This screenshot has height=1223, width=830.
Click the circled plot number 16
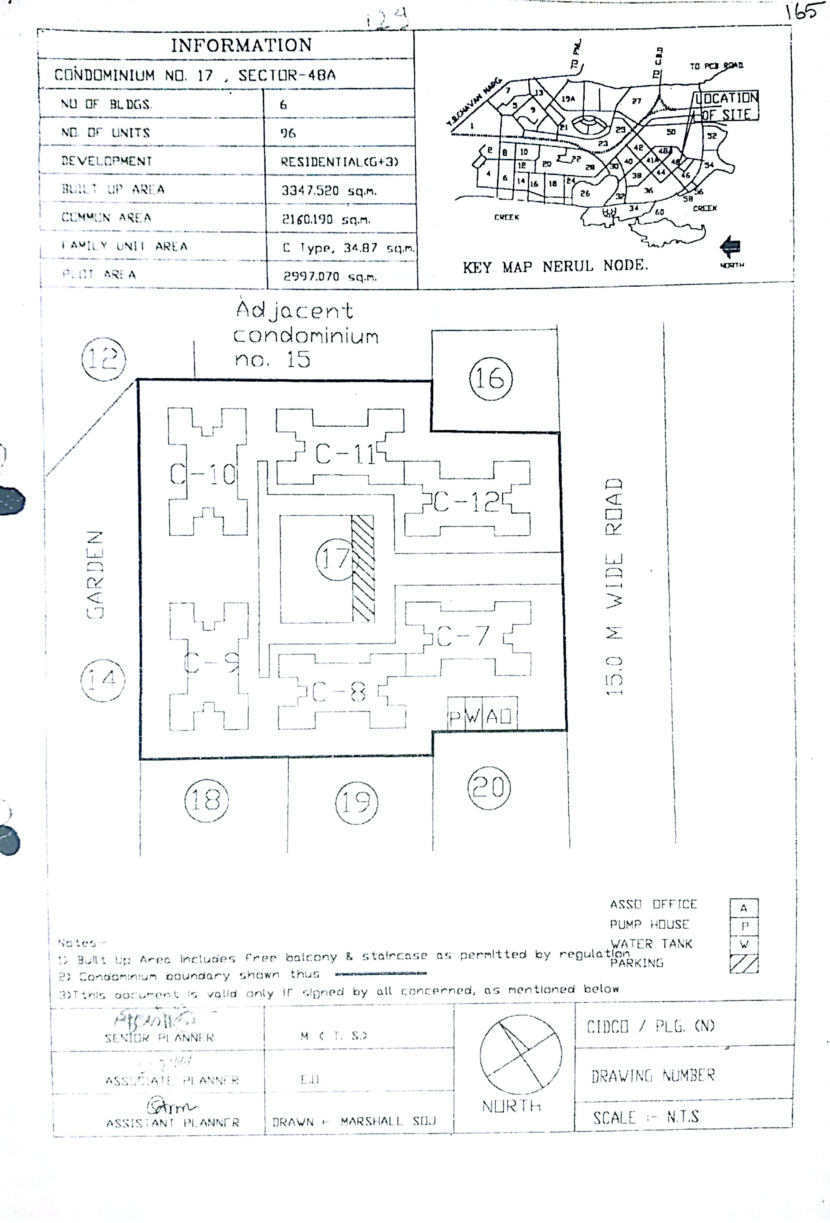(490, 379)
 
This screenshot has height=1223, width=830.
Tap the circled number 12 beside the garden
(104, 359)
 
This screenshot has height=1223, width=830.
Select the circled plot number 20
(489, 788)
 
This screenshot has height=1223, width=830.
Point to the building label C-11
(345, 454)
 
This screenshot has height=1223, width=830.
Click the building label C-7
(463, 636)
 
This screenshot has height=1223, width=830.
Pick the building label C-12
(466, 503)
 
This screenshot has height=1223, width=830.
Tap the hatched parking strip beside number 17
(363, 568)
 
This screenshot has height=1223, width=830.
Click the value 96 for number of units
(288, 133)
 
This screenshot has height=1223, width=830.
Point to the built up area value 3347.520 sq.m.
(329, 190)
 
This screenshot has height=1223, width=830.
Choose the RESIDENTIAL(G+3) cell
(339, 162)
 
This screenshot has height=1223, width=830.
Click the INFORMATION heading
(241, 45)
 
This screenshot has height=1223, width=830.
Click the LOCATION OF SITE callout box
(726, 106)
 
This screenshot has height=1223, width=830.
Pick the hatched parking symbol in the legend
(744, 964)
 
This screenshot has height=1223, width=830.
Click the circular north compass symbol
(521, 1054)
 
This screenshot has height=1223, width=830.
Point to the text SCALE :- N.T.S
(646, 1117)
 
